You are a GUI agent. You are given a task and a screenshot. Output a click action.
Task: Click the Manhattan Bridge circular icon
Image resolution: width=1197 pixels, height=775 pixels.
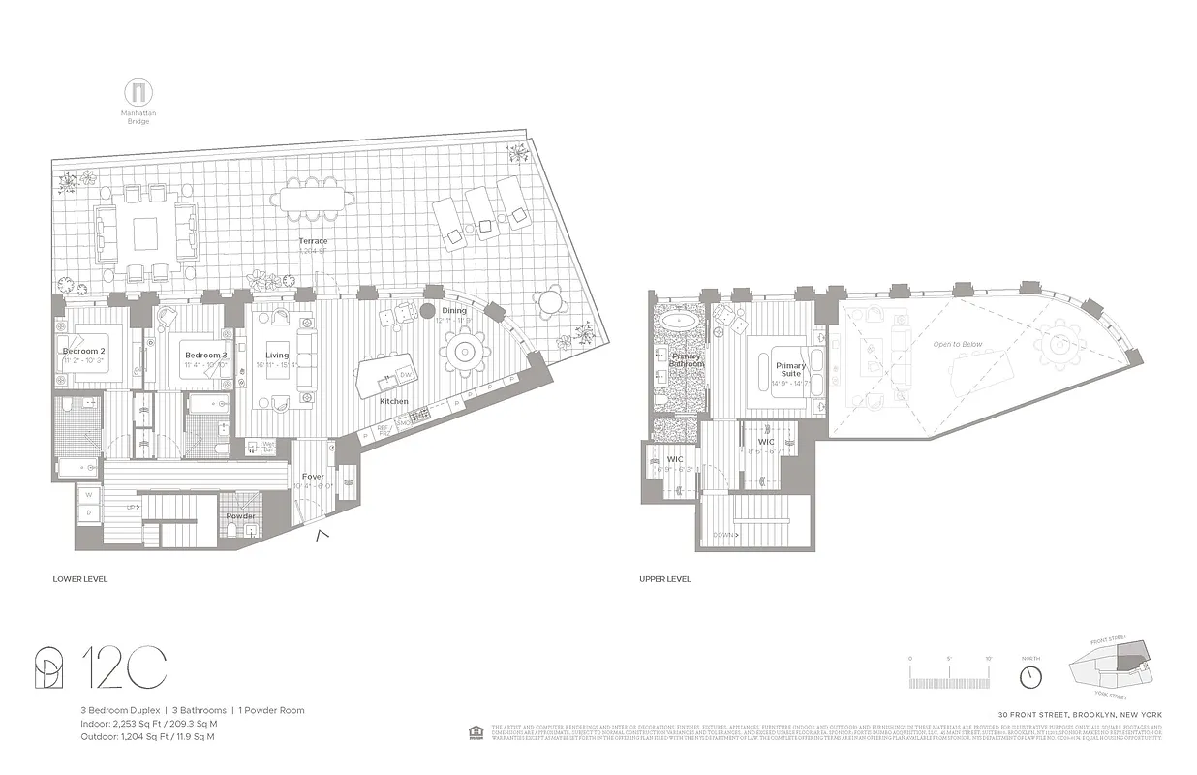[x=138, y=94]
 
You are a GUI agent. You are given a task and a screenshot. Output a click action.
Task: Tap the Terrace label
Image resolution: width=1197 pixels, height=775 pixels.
[x=313, y=241]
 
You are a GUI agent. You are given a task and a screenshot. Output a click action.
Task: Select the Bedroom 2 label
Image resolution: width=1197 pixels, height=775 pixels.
[x=82, y=351]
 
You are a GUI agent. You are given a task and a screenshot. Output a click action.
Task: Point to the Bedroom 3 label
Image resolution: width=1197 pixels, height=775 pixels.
[x=206, y=356]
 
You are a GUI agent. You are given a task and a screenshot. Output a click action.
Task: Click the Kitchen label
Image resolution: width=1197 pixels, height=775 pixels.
[x=393, y=401]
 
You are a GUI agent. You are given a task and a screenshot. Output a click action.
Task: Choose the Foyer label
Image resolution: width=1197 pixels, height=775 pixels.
[x=313, y=477]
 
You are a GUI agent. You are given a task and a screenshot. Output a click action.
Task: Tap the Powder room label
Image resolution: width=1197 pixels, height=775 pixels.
[x=241, y=516]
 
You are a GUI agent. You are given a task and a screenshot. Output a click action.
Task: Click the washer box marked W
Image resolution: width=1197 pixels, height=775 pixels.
[x=88, y=496]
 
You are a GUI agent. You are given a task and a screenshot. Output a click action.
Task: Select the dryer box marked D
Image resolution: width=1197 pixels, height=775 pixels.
[x=88, y=512]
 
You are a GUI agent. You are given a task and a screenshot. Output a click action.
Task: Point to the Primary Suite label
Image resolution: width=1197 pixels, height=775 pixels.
[x=790, y=369]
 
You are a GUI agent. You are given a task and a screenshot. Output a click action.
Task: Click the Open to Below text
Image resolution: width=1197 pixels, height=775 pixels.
[x=957, y=344]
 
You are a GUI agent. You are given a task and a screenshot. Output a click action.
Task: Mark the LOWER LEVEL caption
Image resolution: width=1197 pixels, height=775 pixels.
[x=79, y=579]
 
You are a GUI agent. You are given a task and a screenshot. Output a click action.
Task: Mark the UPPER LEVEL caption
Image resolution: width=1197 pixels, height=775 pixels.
[x=664, y=579]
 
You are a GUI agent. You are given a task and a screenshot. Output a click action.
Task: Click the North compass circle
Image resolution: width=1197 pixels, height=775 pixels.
[x=1031, y=674]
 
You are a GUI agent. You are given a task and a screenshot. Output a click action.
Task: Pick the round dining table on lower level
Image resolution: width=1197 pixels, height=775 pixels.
[x=466, y=348]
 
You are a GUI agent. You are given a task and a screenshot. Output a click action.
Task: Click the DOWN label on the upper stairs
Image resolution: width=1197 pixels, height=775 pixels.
[x=725, y=535]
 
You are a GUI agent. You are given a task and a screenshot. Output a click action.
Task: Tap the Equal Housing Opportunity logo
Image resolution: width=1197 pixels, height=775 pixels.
[x=476, y=731]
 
